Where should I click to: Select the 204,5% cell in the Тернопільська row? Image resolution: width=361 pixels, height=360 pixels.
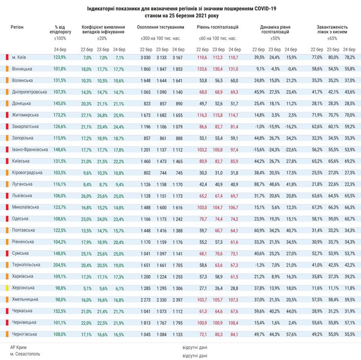60,264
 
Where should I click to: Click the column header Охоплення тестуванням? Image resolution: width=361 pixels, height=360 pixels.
160,27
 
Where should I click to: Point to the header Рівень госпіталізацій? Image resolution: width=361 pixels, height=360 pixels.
218,27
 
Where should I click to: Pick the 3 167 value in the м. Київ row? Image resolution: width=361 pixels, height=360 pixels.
178,57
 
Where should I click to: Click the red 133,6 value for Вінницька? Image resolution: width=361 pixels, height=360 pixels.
201,69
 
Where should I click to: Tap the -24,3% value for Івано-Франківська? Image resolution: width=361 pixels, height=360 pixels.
275,149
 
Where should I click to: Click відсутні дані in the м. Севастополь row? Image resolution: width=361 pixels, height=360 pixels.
195,356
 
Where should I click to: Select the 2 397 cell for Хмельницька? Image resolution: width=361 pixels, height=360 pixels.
178,299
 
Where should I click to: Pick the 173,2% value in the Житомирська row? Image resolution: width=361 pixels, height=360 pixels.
60,115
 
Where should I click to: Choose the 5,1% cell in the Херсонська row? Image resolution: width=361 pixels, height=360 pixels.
88,288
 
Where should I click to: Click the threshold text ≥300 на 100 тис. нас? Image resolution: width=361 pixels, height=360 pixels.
160,38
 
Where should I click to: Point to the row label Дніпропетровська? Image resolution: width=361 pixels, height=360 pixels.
29,92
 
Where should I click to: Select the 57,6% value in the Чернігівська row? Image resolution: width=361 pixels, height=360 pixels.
291,334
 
